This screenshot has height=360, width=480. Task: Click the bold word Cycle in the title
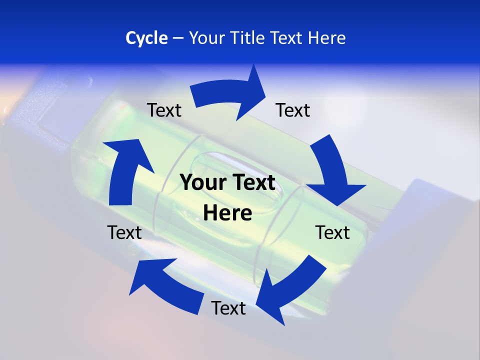pos(146,38)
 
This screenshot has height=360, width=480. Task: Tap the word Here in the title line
pos(326,38)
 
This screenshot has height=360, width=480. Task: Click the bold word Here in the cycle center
pos(227,213)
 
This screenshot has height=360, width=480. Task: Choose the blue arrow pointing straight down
pos(332,172)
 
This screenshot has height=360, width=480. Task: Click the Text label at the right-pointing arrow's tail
pos(164,110)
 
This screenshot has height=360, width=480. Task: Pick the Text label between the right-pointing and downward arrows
pos(293,110)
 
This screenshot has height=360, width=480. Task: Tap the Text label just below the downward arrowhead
pos(332,232)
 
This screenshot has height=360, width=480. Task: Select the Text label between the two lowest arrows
pos(228,308)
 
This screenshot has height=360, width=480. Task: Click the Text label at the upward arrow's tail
pos(124,232)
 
